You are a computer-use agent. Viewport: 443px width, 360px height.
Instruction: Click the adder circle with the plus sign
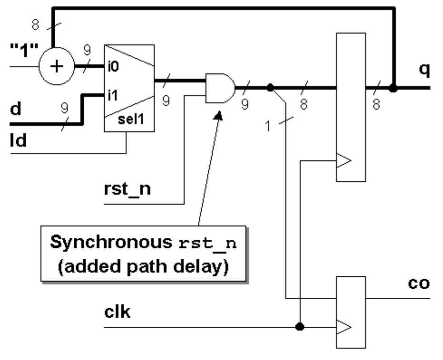click(57, 66)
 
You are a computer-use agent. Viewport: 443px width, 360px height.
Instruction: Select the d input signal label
click(16, 110)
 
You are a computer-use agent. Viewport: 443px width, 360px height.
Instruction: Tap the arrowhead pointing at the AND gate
click(219, 115)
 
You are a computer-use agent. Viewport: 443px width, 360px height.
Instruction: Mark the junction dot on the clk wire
click(300, 327)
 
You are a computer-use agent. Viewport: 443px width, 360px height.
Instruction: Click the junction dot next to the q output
click(393, 88)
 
